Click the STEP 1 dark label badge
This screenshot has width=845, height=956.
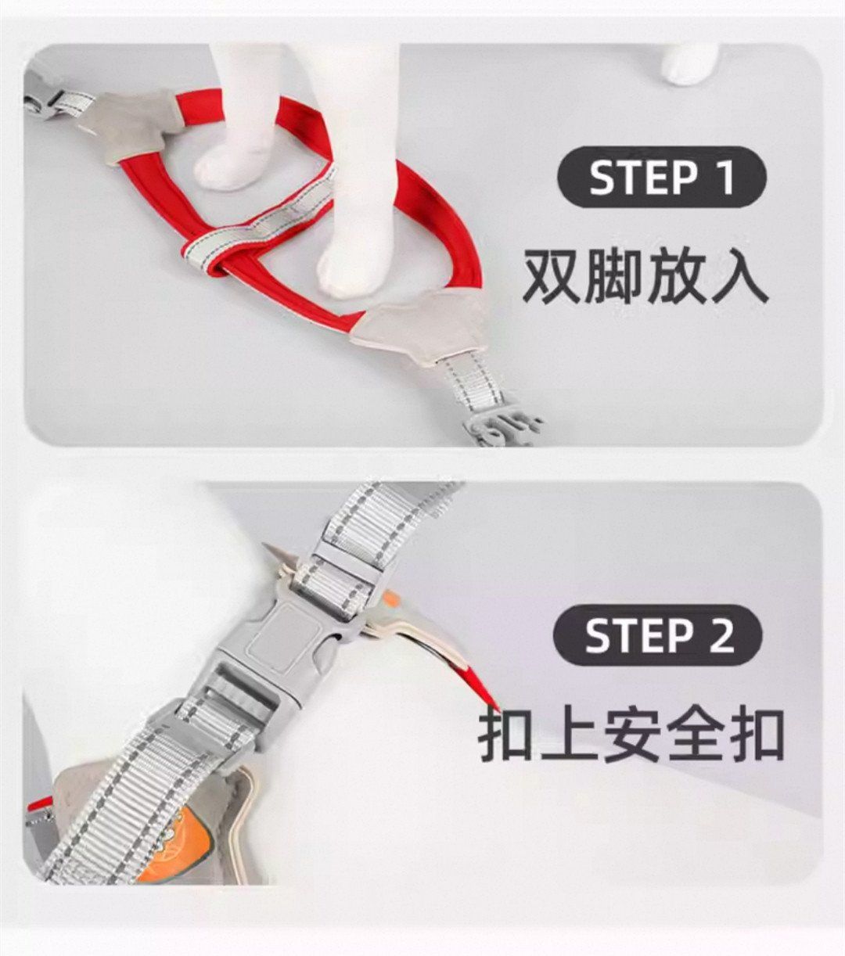(662, 177)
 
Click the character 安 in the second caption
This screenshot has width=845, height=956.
(632, 736)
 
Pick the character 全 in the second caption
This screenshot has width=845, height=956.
(693, 736)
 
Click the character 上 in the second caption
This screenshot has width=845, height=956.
(570, 736)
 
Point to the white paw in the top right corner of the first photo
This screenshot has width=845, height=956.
(689, 64)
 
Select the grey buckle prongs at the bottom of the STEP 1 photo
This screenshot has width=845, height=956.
(504, 425)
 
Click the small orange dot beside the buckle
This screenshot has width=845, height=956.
(392, 599)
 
